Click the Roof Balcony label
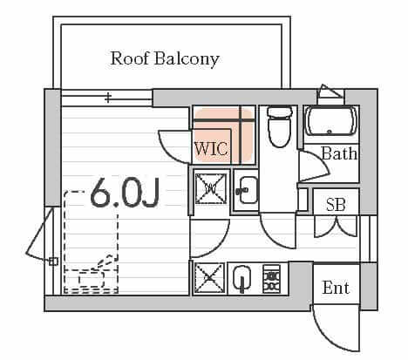point(165,59)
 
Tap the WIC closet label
point(211,149)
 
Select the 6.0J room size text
point(125,193)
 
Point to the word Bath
point(339,153)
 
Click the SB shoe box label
point(336,205)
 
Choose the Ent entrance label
point(336,288)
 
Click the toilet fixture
point(280,127)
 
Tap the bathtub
point(331,121)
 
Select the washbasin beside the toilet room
point(247,191)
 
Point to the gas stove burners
point(271,279)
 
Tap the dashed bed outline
point(91,242)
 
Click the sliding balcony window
point(106,98)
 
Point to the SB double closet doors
point(336,227)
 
